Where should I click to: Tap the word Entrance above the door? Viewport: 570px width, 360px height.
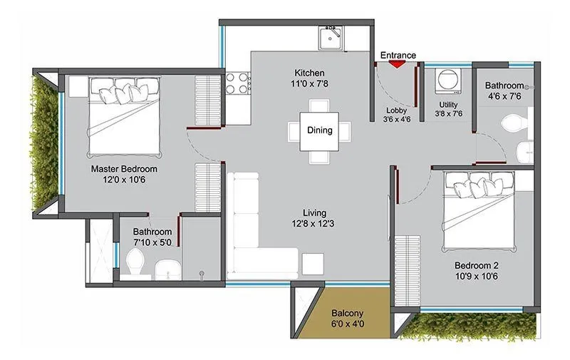[398, 54]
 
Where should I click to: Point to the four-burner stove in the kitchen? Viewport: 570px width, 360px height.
[237, 83]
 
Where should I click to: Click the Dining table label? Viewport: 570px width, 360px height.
[319, 130]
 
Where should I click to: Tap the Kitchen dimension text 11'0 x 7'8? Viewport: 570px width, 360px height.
[310, 85]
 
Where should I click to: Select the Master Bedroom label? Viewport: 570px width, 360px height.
[124, 169]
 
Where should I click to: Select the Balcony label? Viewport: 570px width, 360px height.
[347, 312]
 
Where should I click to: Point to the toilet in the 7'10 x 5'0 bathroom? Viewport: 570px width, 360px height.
[135, 266]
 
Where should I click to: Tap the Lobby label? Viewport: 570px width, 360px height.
[397, 110]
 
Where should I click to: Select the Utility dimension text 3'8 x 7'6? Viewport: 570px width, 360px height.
[449, 113]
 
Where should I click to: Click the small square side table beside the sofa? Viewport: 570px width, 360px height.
[312, 263]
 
